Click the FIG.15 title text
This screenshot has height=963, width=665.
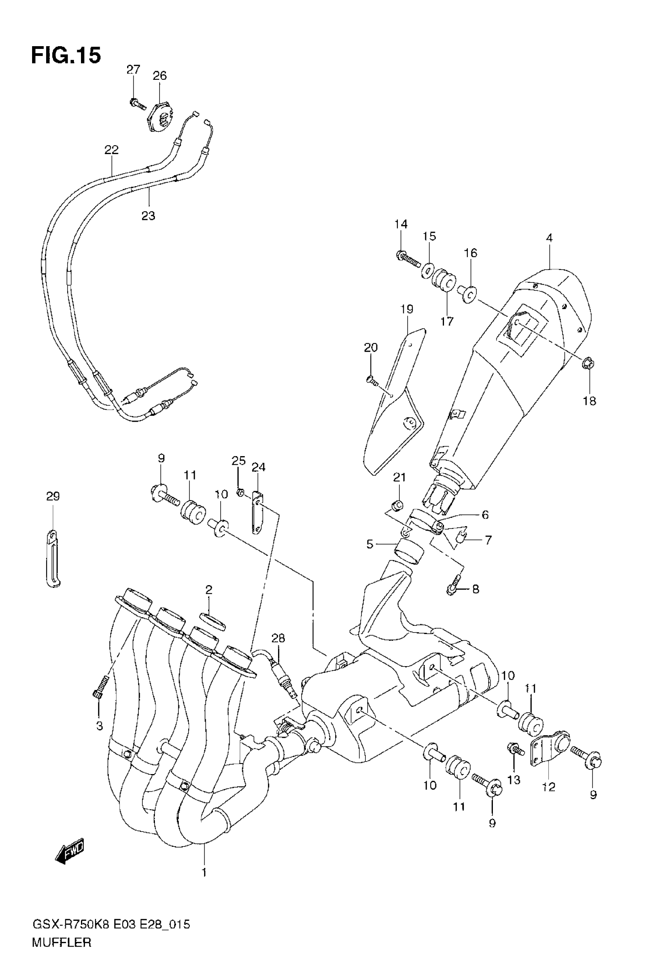[66, 56]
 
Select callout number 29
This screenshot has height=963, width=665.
[53, 496]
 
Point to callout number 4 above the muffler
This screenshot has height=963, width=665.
[549, 238]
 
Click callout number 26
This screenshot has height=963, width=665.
[160, 76]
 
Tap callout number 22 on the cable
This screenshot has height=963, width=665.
[111, 149]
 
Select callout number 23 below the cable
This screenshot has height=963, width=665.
[148, 216]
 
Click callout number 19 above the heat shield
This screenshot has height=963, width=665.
[407, 309]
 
